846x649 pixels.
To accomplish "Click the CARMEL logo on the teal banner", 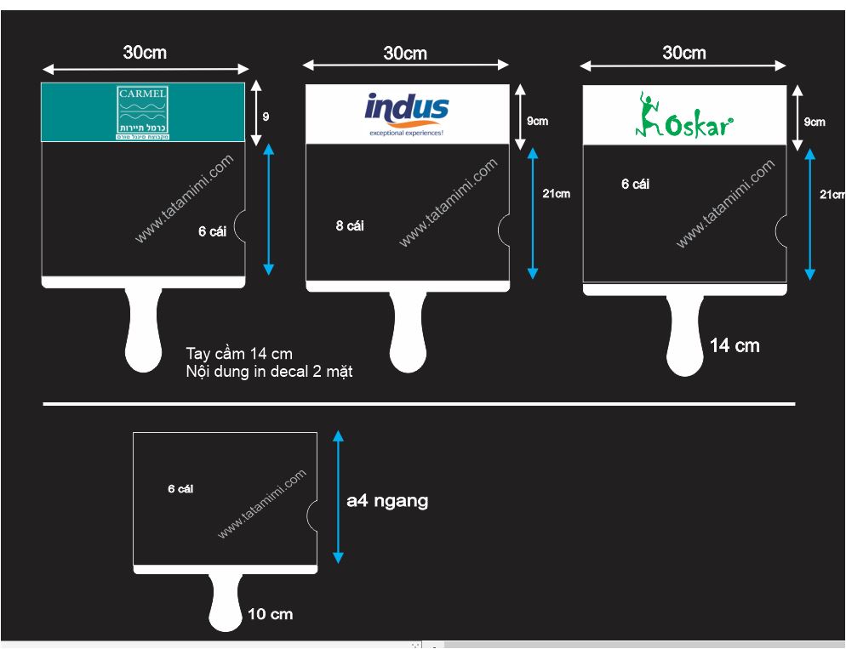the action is pyautogui.click(x=143, y=111).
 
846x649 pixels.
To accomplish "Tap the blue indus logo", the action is pyautogui.click(x=406, y=111).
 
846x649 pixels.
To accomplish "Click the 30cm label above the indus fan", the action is pyautogui.click(x=405, y=53).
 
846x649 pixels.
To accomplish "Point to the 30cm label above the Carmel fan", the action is pyautogui.click(x=145, y=52).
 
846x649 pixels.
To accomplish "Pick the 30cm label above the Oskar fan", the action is pyautogui.click(x=684, y=53).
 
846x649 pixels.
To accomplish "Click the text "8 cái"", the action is pyautogui.click(x=350, y=225).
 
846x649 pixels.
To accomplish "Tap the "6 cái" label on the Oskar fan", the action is pyautogui.click(x=635, y=184).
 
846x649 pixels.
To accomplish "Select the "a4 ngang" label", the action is pyautogui.click(x=387, y=501).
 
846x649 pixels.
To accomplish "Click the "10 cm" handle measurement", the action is pyautogui.click(x=270, y=613).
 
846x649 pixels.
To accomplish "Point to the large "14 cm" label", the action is pyautogui.click(x=735, y=345).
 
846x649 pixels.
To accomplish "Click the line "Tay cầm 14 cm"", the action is pyautogui.click(x=239, y=354).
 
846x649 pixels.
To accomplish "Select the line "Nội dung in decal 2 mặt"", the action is pyautogui.click(x=269, y=371).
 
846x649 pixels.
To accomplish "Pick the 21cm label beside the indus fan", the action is pyautogui.click(x=556, y=193).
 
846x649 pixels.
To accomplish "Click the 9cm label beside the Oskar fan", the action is pyautogui.click(x=815, y=122).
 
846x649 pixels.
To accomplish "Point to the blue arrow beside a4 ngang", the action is pyautogui.click(x=338, y=497).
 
